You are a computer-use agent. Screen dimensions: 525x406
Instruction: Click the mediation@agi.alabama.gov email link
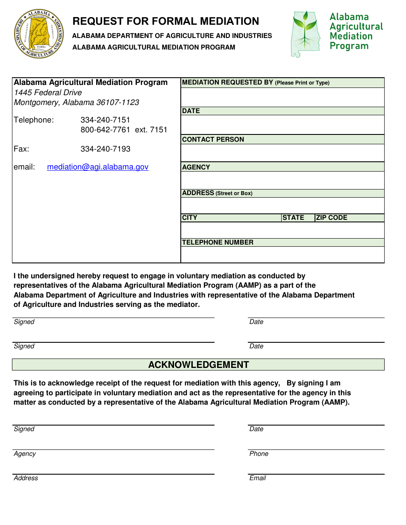(x=97, y=167)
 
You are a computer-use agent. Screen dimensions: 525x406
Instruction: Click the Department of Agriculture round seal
(x=39, y=34)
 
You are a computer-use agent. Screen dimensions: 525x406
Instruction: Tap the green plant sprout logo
(x=305, y=34)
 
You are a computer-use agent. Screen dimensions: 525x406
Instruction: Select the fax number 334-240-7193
(x=105, y=149)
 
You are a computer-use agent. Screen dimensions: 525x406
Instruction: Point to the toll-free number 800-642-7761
(x=105, y=130)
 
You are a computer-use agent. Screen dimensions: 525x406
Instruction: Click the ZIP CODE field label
(x=331, y=218)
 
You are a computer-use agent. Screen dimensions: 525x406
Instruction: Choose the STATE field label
(x=293, y=218)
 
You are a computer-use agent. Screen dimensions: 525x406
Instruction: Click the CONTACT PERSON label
(x=213, y=140)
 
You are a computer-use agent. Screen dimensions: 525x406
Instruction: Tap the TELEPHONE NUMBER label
(x=218, y=242)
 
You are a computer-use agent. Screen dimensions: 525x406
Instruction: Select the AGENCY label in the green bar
(x=196, y=167)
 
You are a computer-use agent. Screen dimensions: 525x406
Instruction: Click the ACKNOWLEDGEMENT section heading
(x=198, y=365)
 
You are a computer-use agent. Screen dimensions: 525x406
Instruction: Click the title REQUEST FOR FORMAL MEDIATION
(x=165, y=21)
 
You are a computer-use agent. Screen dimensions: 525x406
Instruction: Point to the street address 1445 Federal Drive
(x=48, y=93)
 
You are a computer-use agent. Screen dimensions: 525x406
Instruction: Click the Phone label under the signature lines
(x=259, y=454)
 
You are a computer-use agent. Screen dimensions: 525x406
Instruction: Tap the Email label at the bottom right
(x=257, y=478)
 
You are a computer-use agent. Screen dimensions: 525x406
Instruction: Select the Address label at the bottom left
(x=26, y=478)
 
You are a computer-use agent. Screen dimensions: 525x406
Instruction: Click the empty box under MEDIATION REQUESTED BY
(x=282, y=97)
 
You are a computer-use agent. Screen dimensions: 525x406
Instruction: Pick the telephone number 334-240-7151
(x=105, y=120)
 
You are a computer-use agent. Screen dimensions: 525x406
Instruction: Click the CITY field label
(x=190, y=218)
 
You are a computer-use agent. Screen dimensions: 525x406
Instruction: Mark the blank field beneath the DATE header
(x=282, y=125)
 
